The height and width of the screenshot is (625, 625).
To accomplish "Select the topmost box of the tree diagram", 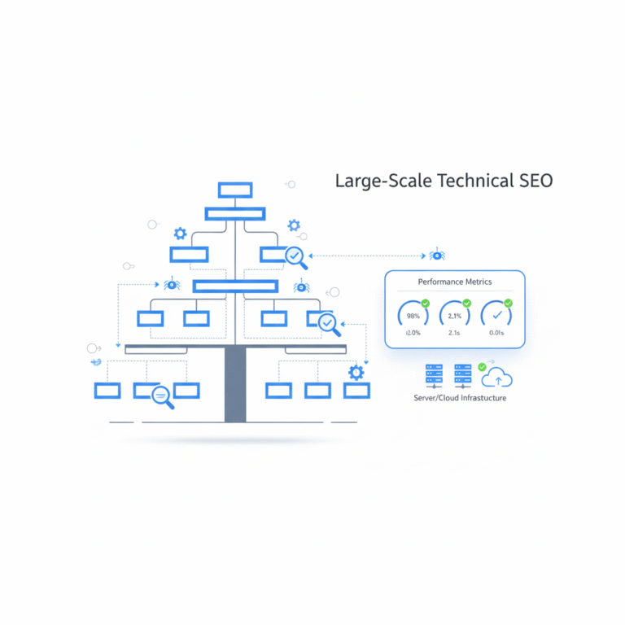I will (235, 190).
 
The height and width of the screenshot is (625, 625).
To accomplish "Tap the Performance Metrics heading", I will (455, 282).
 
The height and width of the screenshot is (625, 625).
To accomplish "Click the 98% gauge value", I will (413, 316).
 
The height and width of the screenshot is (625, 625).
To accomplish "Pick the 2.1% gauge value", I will (455, 316).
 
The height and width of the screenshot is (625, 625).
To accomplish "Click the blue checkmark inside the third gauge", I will (496, 316).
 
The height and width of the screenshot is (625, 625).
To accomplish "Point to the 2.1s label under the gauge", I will (455, 333).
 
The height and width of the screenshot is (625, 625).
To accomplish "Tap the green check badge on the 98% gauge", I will (425, 304).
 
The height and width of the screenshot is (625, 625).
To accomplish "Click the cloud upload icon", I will (497, 378).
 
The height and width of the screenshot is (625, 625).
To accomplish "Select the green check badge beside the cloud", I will (482, 367).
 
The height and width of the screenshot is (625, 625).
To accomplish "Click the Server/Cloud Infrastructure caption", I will (460, 398).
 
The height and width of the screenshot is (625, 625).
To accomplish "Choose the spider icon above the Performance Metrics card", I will (437, 256).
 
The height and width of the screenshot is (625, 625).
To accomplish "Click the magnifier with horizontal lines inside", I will (163, 396).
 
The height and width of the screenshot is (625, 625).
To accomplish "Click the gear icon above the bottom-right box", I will (356, 373).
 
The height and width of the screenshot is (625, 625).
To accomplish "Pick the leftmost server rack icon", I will (432, 375).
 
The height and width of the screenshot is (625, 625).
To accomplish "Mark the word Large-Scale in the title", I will (383, 181).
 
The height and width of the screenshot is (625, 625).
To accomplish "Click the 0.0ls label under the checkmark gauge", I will (496, 333).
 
